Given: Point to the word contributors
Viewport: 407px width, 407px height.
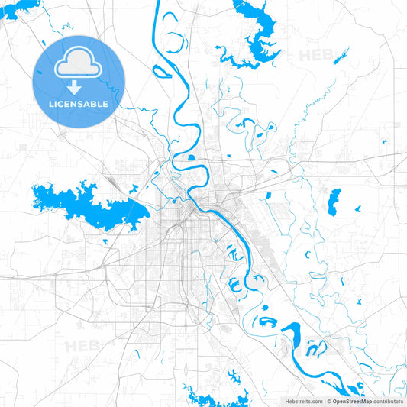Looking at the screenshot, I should click(389, 400).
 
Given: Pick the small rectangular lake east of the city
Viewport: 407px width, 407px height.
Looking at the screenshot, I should click(334, 202).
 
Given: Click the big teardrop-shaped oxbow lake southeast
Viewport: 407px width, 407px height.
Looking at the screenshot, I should click(294, 334).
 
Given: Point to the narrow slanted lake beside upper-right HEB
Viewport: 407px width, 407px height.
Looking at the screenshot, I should click(341, 56).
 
